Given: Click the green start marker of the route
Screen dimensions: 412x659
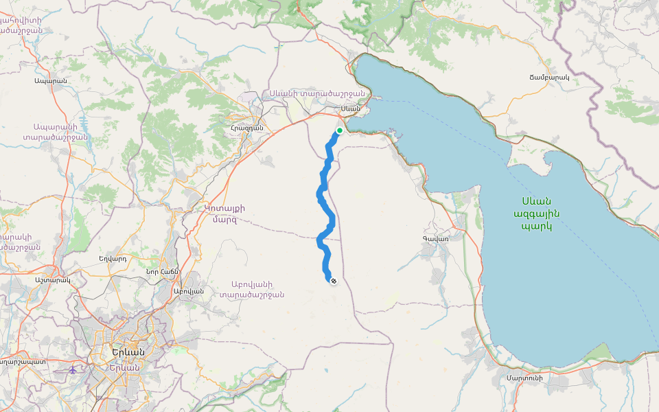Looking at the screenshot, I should tap(339, 130).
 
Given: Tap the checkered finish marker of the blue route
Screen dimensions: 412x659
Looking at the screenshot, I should tap(334, 281).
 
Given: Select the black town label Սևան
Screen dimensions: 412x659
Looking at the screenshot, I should tap(350, 108).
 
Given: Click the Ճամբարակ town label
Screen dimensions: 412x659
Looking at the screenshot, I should tap(550, 78).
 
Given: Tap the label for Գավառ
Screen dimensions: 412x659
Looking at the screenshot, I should tap(435, 239).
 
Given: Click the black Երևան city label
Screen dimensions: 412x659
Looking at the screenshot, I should tap(127, 352).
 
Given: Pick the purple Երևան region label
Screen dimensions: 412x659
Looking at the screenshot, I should tap(124, 367).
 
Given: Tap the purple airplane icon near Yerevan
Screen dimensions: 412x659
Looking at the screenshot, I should tap(73, 369).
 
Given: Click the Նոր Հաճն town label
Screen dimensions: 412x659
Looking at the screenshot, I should tap(162, 271).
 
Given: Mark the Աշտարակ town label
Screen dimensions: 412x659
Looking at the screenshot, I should tap(52, 280).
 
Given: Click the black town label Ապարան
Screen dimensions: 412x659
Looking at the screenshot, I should tap(50, 81).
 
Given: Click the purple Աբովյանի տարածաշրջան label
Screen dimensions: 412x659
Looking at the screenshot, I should tap(252, 289).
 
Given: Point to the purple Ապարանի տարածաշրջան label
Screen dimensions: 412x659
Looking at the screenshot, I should tap(60, 131).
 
